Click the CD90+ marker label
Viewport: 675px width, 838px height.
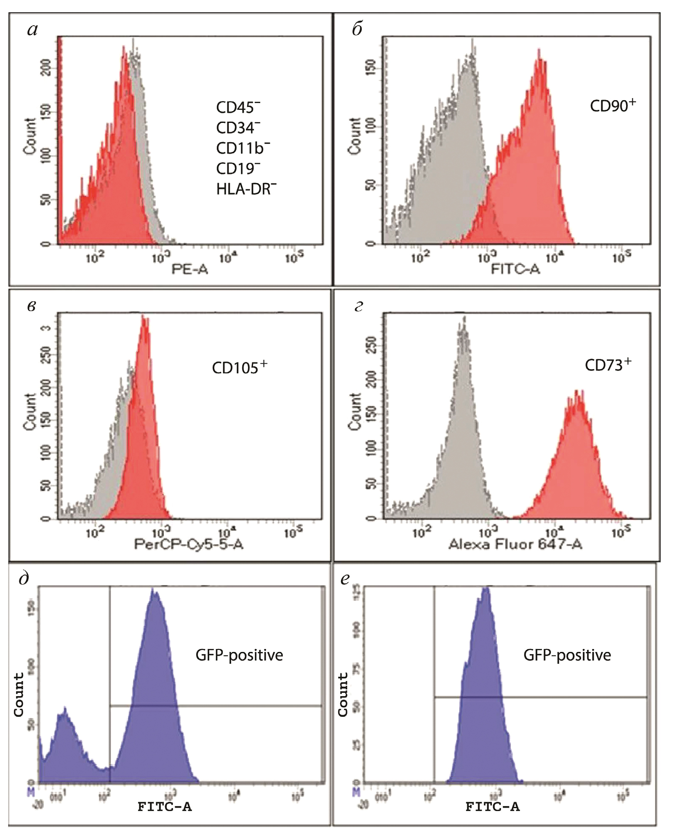point(612,105)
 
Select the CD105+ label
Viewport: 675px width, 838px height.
point(239,367)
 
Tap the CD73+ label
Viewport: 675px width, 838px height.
point(608,364)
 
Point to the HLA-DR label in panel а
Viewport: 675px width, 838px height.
point(246,189)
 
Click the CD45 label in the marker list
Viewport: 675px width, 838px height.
point(237,107)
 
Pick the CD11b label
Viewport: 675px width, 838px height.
point(243,148)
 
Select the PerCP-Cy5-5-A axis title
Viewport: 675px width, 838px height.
point(189,544)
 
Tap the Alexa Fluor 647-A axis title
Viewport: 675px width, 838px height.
point(515,544)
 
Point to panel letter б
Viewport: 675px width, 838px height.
point(357,29)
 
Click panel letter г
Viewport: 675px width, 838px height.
point(358,306)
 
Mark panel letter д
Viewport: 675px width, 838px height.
point(24,579)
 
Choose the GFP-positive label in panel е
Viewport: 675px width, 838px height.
point(567,655)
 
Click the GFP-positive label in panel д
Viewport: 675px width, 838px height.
point(239,655)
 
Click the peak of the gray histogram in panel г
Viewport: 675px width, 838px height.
point(464,322)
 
